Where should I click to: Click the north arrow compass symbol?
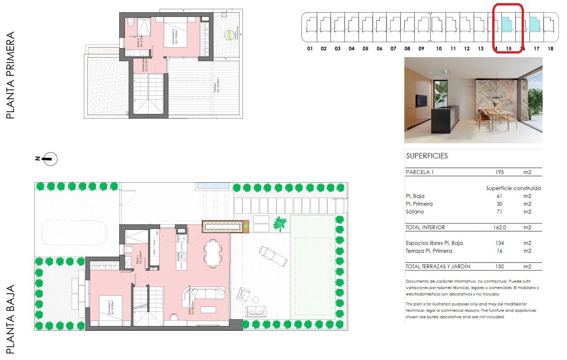(x=50, y=158)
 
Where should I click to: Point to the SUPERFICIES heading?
(x=426, y=156)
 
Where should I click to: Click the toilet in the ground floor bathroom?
(x=128, y=250)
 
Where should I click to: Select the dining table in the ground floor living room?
(x=213, y=252)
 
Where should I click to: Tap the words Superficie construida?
(x=513, y=188)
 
